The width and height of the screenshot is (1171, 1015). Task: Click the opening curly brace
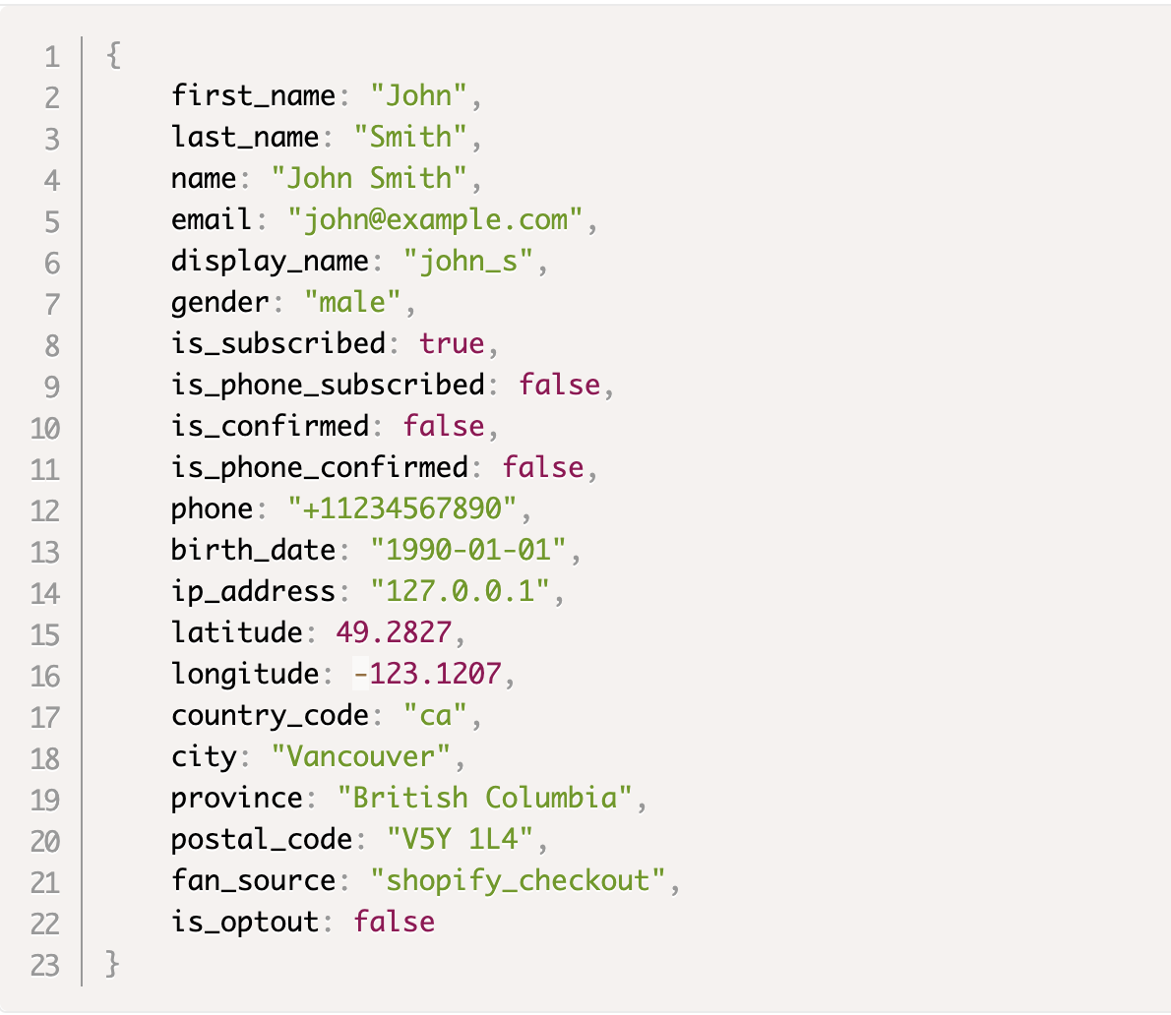click(x=113, y=55)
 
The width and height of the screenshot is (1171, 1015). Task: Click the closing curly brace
click(x=113, y=964)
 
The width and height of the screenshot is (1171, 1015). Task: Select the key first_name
click(x=253, y=96)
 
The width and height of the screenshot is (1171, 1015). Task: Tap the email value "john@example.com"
click(x=435, y=220)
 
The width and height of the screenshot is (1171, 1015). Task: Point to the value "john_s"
click(x=468, y=262)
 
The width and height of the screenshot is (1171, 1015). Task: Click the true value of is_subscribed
click(x=452, y=343)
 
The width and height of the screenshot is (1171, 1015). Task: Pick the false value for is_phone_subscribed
click(x=559, y=386)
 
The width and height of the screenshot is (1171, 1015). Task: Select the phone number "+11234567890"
click(x=401, y=509)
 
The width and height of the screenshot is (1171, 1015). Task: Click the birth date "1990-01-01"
click(x=468, y=550)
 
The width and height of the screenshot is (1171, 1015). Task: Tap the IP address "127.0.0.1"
click(x=461, y=591)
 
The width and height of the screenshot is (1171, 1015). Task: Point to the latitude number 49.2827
click(x=394, y=632)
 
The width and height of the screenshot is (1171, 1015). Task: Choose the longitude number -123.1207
click(x=427, y=674)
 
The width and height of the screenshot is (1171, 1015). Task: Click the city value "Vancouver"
click(x=361, y=756)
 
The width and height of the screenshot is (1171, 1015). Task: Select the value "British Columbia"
click(x=485, y=798)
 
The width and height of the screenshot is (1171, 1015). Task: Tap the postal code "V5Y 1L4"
click(x=461, y=840)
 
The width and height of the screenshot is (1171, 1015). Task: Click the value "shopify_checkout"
click(x=518, y=880)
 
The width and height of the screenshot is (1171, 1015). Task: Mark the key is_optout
click(x=245, y=923)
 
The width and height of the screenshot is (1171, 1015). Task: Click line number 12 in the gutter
click(x=45, y=511)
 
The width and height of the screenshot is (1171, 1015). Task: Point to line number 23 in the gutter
click(x=45, y=966)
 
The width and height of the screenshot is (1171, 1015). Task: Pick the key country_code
click(x=270, y=716)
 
